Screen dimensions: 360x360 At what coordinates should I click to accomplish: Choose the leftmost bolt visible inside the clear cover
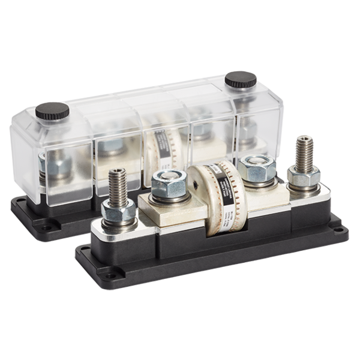coord(43,162)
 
